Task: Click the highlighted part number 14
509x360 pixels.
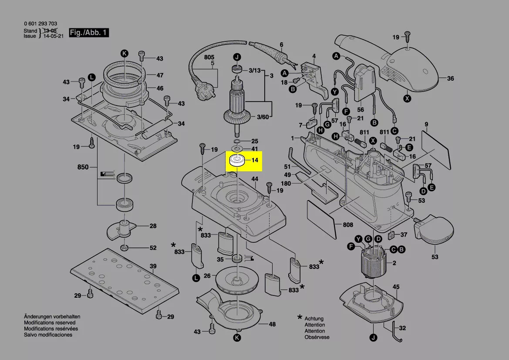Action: [255, 160]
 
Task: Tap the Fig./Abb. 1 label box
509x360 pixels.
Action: [88, 33]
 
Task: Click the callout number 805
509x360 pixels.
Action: [209, 58]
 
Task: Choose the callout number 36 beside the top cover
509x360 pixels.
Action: [450, 79]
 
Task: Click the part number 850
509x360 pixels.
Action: [83, 167]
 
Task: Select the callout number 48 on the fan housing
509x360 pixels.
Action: [272, 324]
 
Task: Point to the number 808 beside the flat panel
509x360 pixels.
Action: [348, 225]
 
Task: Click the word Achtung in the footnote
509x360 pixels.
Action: [314, 319]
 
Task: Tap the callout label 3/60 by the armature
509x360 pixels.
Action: [263, 117]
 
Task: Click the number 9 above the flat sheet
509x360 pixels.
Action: [427, 124]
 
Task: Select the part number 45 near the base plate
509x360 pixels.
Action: [396, 287]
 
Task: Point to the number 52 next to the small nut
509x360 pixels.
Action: [153, 248]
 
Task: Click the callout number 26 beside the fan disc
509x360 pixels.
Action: [207, 275]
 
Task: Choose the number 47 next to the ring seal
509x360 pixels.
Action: [160, 75]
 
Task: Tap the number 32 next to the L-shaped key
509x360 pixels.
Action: [402, 328]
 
